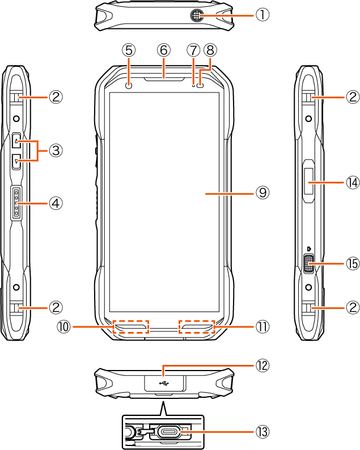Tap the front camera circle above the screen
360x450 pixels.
(129, 85)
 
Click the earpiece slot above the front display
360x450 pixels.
(163, 79)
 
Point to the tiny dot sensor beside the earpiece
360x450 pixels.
(193, 86)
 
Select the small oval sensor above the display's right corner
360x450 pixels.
(200, 86)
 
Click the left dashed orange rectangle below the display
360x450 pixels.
(130, 327)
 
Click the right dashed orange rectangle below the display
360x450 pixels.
(197, 327)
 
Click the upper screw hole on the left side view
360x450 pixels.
(16, 119)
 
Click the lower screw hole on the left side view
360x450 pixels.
(16, 287)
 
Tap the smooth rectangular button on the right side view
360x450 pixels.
(310, 182)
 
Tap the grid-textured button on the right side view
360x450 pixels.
(309, 264)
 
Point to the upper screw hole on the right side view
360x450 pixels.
(309, 119)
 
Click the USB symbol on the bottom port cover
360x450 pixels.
(163, 382)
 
